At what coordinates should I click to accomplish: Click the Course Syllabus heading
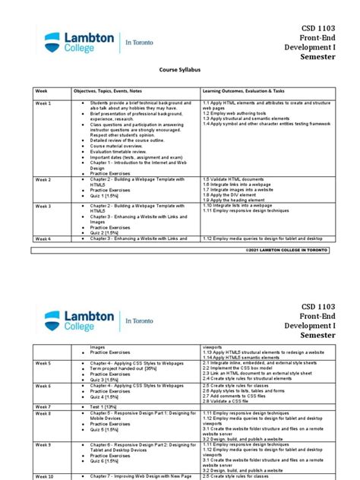point(180,68)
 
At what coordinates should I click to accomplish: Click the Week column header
point(41,90)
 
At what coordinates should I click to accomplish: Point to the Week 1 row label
point(43,103)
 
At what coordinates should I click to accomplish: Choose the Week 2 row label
point(43,178)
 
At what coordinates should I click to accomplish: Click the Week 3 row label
point(43,206)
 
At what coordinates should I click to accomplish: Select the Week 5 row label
point(43,363)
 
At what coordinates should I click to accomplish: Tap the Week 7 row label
point(43,406)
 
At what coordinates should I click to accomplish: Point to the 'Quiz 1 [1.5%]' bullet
point(106,195)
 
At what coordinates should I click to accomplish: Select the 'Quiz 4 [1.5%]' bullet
point(106,396)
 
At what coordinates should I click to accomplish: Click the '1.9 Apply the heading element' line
point(237,201)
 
